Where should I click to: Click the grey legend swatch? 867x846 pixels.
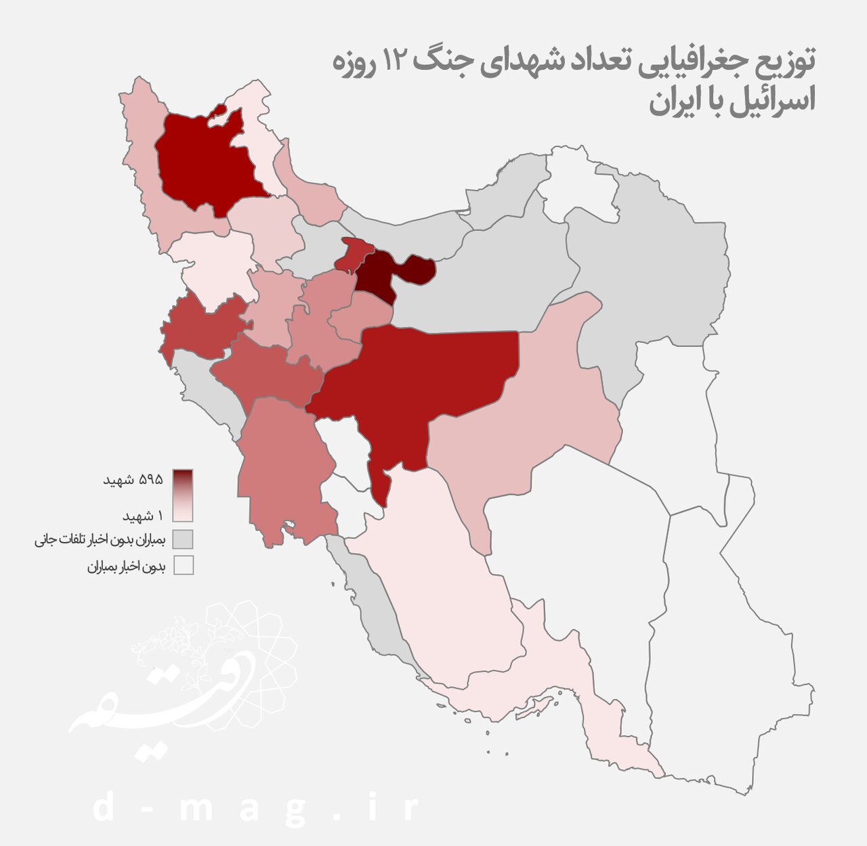pos(183,539)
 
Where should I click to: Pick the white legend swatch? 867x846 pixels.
pos(183,565)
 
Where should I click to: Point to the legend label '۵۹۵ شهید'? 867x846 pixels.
pos(133,479)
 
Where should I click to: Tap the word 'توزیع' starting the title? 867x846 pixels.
pos(786,62)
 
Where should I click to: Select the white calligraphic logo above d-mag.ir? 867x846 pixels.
pos(183,684)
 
